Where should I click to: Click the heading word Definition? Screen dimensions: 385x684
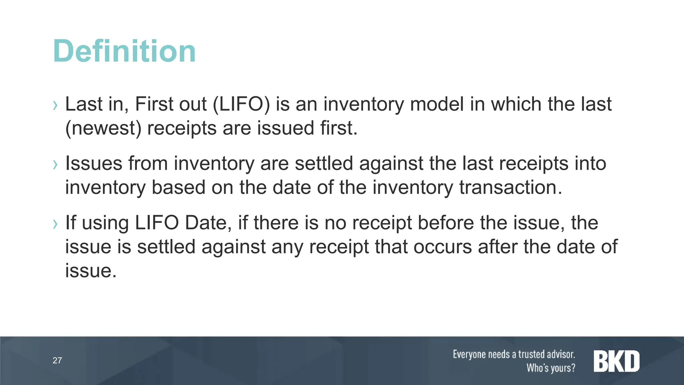[124, 51]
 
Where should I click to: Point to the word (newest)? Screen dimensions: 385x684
[103, 128]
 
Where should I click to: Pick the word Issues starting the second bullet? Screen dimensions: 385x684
[94, 163]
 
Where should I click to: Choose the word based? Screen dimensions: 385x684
[178, 187]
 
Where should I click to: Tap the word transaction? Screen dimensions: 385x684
[511, 187]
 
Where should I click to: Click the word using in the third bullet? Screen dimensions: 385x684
[105, 223]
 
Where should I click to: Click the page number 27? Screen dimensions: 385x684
[57, 360]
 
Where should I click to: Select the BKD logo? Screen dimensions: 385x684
[617, 361]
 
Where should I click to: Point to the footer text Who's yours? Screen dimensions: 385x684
[551, 368]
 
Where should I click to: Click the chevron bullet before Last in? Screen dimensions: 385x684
[55, 106]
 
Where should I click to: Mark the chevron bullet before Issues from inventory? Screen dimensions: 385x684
[55, 165]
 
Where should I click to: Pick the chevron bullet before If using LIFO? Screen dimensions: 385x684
[55, 224]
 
